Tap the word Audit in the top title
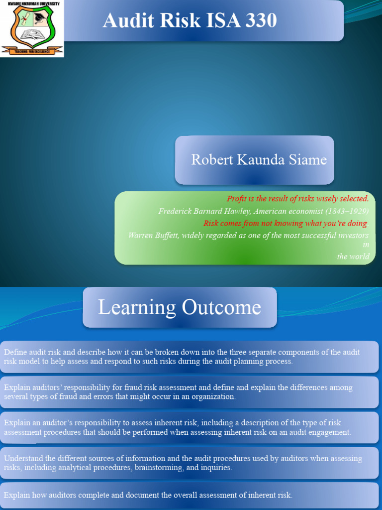point(124,21)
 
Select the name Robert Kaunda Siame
point(259,160)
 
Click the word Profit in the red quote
point(237,199)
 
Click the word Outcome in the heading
point(221,307)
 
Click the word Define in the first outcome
point(15,352)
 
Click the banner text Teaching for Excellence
point(32,50)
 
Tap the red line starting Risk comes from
point(285,223)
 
